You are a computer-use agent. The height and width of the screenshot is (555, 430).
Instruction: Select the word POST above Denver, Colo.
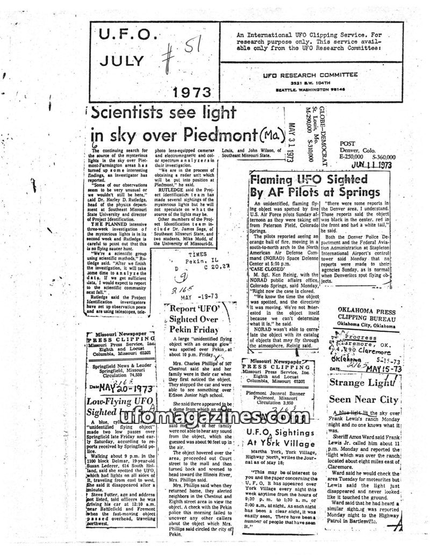[x=347, y=143]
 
